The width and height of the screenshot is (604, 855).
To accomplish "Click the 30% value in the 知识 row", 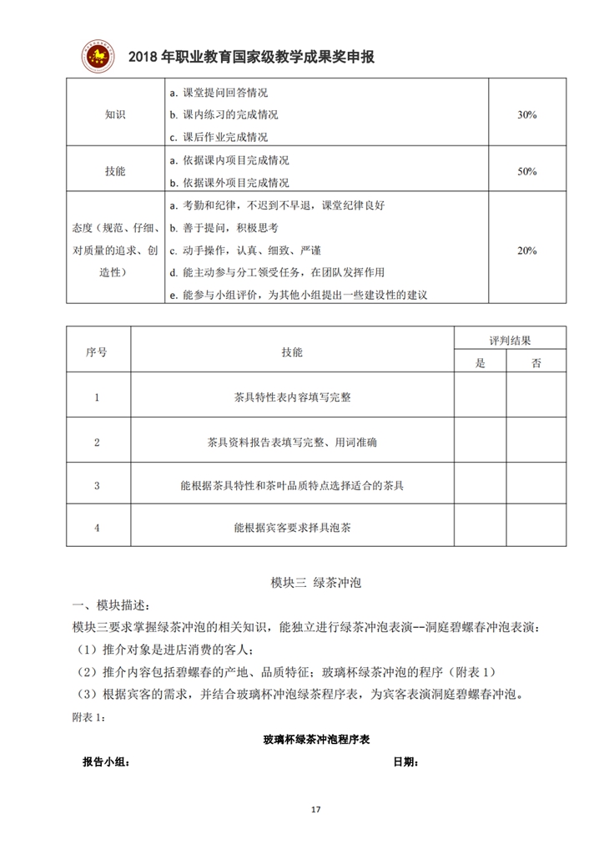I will click(526, 114).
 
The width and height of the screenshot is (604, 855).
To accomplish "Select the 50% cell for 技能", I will click(526, 170).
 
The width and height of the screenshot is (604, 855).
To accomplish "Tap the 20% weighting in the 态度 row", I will click(526, 250).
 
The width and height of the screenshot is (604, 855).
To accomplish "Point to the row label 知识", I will click(115, 114).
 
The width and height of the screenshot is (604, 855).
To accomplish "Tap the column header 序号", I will click(97, 352).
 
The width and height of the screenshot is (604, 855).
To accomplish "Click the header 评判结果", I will click(510, 340).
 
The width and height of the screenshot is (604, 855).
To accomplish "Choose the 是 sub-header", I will click(480, 362).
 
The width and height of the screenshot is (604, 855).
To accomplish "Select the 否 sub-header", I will click(536, 362).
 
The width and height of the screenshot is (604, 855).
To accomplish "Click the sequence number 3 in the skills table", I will click(98, 485).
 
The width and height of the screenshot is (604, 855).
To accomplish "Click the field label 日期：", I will click(405, 761).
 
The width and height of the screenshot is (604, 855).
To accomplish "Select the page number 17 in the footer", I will click(315, 810).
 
